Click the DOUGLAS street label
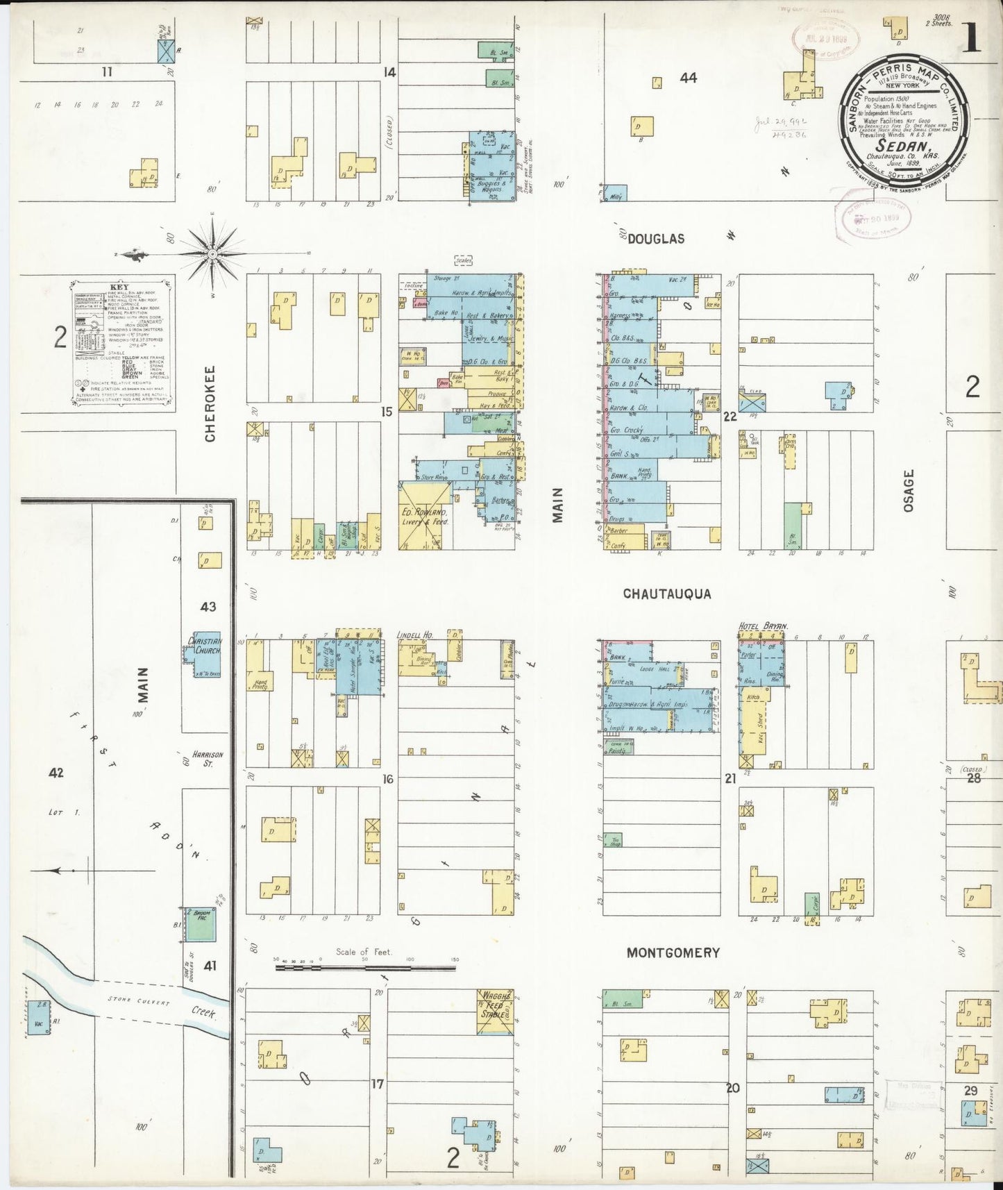[656, 238]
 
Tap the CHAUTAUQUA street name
[667, 594]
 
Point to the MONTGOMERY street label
[673, 953]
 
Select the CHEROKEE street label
[210, 403]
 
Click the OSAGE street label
[909, 491]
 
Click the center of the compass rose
[212, 254]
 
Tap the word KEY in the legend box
[119, 287]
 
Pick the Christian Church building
[203, 654]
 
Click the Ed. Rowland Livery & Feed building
[425, 516]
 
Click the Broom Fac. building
[201, 923]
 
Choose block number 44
[688, 78]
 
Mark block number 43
[208, 606]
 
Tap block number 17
[376, 1083]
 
